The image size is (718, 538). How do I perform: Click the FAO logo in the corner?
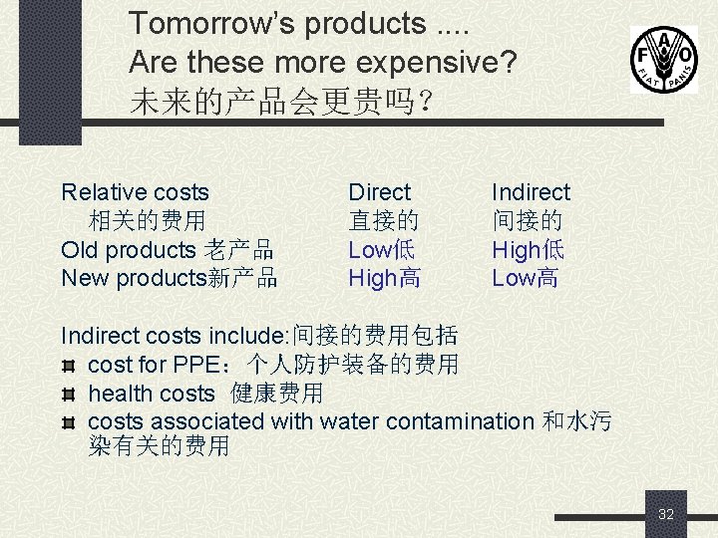pos(663,60)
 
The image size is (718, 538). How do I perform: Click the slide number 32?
pos(666,514)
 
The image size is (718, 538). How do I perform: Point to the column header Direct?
pos(379,192)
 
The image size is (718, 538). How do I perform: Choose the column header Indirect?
pos(531,192)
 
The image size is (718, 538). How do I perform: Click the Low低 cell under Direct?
pos(381,250)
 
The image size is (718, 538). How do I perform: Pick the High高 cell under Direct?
pos(384,278)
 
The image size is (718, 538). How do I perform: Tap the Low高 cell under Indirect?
pos(525,278)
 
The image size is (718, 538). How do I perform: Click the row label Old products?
pos(129,250)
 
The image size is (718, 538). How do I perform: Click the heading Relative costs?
pos(135,192)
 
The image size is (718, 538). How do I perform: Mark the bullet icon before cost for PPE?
pos(69,366)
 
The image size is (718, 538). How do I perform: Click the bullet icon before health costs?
pos(69,395)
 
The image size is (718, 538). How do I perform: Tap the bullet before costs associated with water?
pos(69,422)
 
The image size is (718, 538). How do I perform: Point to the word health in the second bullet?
pos(121,394)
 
